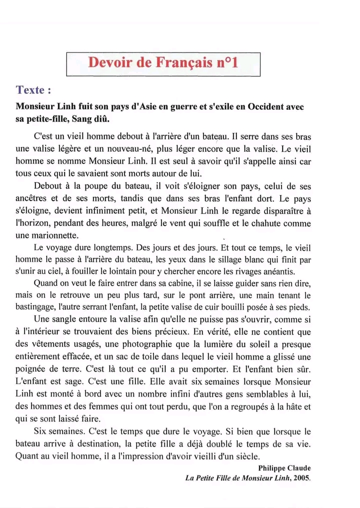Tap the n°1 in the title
coord(227,63)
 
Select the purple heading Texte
coord(33,90)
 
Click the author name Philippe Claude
coord(284,468)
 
